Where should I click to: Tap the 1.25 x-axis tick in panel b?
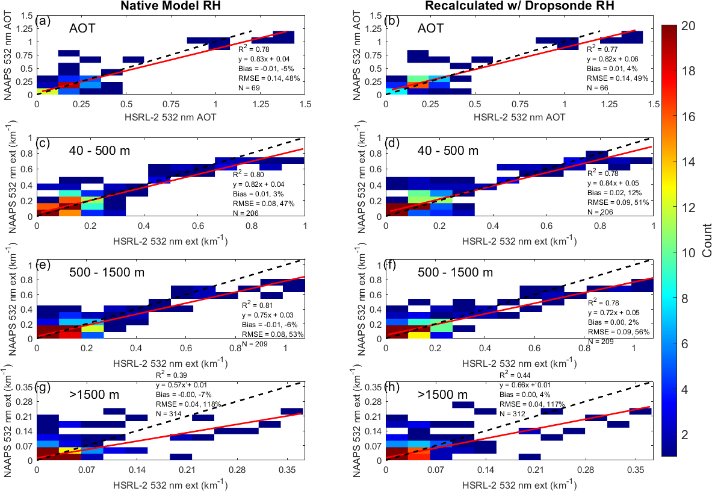coord(608,104)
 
